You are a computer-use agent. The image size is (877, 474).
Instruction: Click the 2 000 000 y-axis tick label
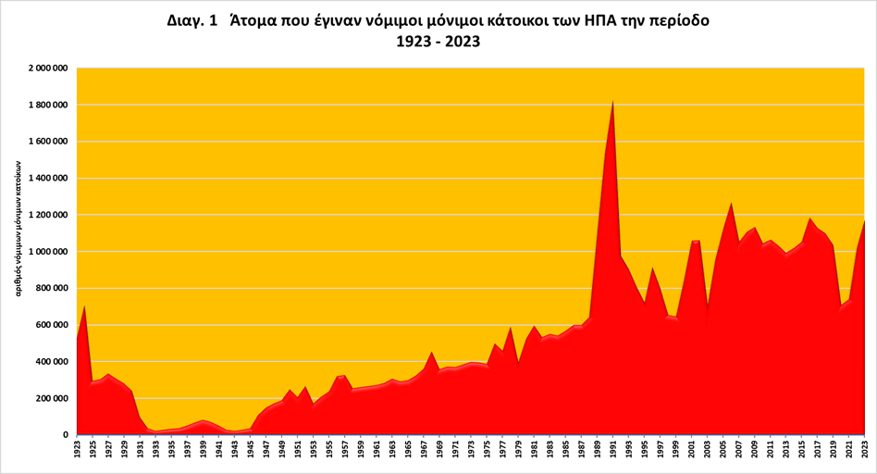coord(47,69)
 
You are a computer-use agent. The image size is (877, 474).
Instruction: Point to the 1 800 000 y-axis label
coord(47,106)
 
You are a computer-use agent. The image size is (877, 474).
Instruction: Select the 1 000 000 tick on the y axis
coord(47,252)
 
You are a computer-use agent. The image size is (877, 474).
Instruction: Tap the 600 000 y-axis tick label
coord(52,325)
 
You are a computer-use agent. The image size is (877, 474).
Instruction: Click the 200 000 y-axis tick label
coord(52,399)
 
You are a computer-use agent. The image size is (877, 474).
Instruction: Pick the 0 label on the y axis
coord(68,435)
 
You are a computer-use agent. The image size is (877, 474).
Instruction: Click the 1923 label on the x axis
coord(77,450)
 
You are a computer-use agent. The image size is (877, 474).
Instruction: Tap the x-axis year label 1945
coord(250,450)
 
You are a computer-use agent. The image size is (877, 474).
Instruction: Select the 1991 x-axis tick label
coord(612,450)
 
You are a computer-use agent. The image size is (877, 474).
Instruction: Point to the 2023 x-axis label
coord(864,450)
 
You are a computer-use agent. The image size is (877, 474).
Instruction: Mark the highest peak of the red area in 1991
coord(612,102)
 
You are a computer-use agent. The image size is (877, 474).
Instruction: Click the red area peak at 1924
coord(85,306)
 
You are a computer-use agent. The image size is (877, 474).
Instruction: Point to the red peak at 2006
coord(731,204)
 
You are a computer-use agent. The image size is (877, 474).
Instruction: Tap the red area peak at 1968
coord(431,353)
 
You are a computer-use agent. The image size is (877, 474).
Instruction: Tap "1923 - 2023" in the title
coord(438,43)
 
